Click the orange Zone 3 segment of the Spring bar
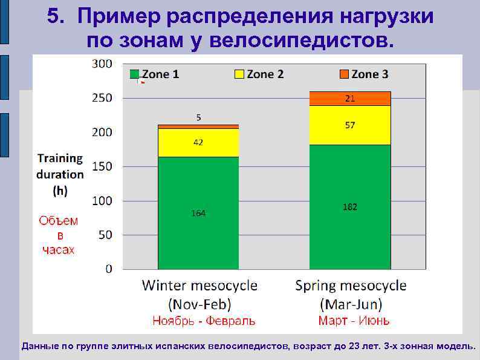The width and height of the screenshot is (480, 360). pyautogui.click(x=350, y=99)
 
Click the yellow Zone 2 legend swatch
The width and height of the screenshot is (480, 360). pyautogui.click(x=239, y=74)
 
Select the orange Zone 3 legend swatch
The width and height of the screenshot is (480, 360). pyautogui.click(x=343, y=74)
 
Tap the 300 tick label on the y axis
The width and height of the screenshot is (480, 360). pyautogui.click(x=102, y=64)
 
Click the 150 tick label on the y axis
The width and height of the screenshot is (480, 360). pyautogui.click(x=102, y=166)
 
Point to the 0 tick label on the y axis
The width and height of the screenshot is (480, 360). pyautogui.click(x=109, y=269)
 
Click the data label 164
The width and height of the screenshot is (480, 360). pyautogui.click(x=198, y=214)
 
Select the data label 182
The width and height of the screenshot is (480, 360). pyautogui.click(x=350, y=207)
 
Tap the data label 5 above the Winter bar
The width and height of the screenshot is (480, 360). pyautogui.click(x=198, y=117)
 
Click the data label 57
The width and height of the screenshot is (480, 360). pyautogui.click(x=350, y=125)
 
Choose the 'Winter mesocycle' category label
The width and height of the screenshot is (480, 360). pyautogui.click(x=199, y=286)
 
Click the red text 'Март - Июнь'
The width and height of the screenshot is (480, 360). pyautogui.click(x=354, y=321)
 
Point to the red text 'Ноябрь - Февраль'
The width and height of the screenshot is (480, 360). pyautogui.click(x=204, y=321)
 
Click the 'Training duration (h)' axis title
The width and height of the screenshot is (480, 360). pyautogui.click(x=60, y=174)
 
